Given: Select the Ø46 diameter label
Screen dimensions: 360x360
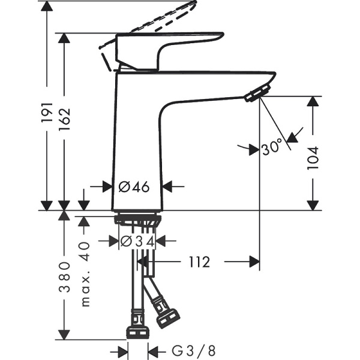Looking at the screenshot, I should pyautogui.click(x=134, y=187).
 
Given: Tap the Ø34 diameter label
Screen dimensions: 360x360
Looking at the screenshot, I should pyautogui.click(x=137, y=241).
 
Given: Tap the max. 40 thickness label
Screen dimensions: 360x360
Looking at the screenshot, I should pyautogui.click(x=85, y=274).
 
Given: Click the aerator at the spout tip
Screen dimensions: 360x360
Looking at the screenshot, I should pyautogui.click(x=257, y=93).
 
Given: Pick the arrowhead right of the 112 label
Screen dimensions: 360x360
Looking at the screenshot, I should pyautogui.click(x=253, y=262).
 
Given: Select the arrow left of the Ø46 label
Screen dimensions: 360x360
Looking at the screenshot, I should pyautogui.click(x=106, y=187).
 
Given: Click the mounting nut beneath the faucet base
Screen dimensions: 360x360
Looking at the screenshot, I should pyautogui.click(x=137, y=220).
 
